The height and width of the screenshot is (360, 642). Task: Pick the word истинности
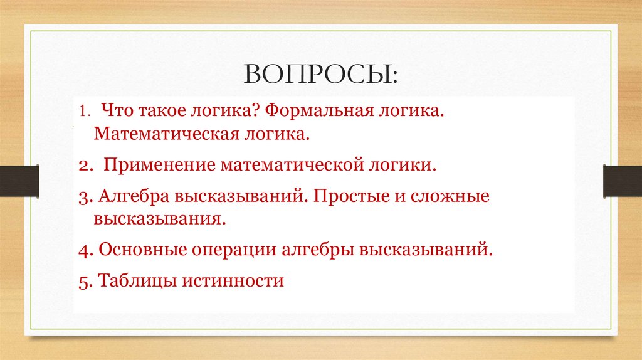233,280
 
